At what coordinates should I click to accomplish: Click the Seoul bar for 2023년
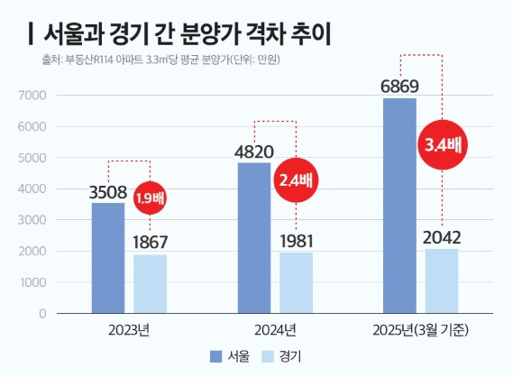click(107, 258)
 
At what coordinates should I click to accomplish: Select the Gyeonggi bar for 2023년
click(149, 284)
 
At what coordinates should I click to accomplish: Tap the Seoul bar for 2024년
click(253, 238)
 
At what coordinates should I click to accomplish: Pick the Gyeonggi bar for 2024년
click(295, 282)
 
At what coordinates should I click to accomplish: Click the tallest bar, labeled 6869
click(399, 206)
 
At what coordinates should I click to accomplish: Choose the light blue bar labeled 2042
click(441, 281)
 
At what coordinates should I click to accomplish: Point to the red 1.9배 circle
click(151, 198)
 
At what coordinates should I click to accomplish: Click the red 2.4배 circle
click(297, 179)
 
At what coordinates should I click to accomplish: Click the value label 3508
click(108, 191)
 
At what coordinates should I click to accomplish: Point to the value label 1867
click(150, 243)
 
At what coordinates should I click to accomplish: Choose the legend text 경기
click(290, 355)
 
